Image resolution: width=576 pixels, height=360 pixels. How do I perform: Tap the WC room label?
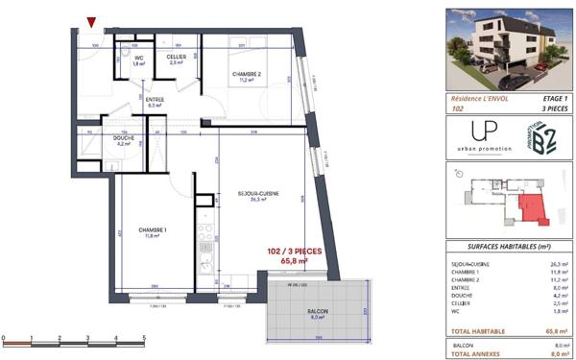point(139,59)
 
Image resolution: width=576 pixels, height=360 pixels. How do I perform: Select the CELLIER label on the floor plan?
point(176,59)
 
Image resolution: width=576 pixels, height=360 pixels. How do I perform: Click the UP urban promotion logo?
point(476,135)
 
